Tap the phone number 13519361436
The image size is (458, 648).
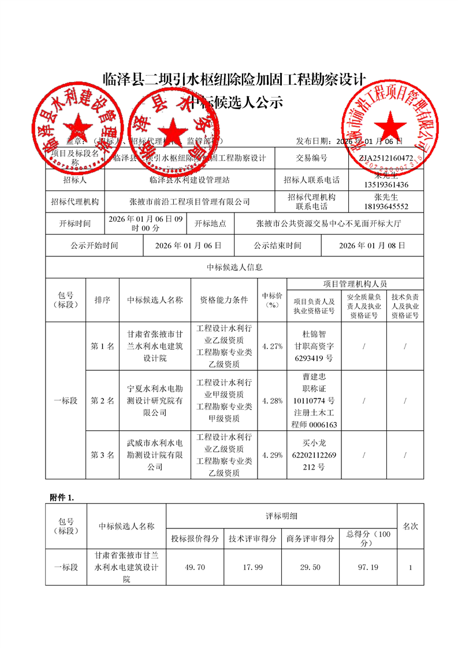point(386,185)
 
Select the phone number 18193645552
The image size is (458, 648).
point(386,207)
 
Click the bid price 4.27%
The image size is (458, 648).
point(272,347)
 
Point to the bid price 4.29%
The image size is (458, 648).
point(272,455)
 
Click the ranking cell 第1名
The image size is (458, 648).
point(103,347)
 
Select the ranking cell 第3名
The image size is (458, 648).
point(103,455)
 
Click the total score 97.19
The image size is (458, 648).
point(368,568)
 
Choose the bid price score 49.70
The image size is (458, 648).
point(195,568)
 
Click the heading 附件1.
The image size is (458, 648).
point(58,497)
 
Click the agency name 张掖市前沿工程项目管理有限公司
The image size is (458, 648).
point(190,202)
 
